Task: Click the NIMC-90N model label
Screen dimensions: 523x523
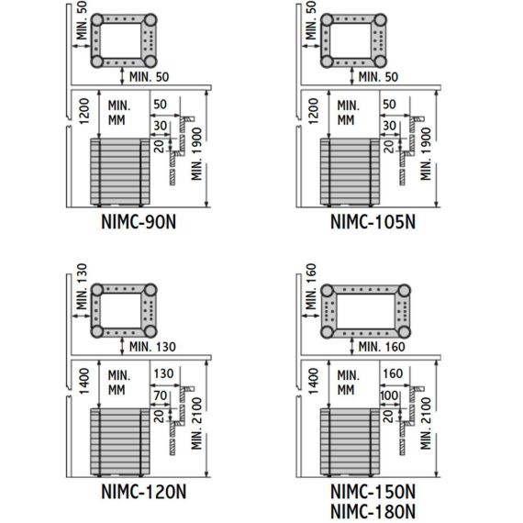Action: click(139, 222)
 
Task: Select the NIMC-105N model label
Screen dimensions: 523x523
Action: click(373, 222)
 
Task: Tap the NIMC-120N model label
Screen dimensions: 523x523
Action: click(143, 492)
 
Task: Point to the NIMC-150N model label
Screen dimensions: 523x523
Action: click(373, 492)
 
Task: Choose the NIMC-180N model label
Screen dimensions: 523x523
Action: click(373, 511)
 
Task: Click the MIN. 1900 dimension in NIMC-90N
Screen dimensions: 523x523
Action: click(196, 154)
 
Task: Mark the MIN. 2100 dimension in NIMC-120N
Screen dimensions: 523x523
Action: click(196, 424)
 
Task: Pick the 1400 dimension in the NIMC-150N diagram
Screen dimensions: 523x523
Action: click(313, 382)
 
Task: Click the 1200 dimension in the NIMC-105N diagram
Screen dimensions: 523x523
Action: click(313, 111)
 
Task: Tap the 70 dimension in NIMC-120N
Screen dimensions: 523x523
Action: click(160, 395)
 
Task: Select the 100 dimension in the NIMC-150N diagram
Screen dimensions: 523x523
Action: click(389, 395)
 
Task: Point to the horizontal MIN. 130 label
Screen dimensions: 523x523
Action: click(152, 347)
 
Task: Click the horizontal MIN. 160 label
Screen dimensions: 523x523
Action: click(382, 347)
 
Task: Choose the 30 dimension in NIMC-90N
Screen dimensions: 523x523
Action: click(160, 126)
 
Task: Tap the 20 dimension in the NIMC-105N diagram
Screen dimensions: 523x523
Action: click(388, 146)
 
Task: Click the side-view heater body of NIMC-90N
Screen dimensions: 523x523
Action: click(120, 172)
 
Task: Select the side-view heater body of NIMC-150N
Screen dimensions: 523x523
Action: click(350, 441)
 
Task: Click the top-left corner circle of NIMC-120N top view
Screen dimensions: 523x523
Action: click(97, 290)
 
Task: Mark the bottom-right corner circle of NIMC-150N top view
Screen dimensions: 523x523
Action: click(405, 332)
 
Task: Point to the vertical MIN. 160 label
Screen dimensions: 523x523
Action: click(310, 286)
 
